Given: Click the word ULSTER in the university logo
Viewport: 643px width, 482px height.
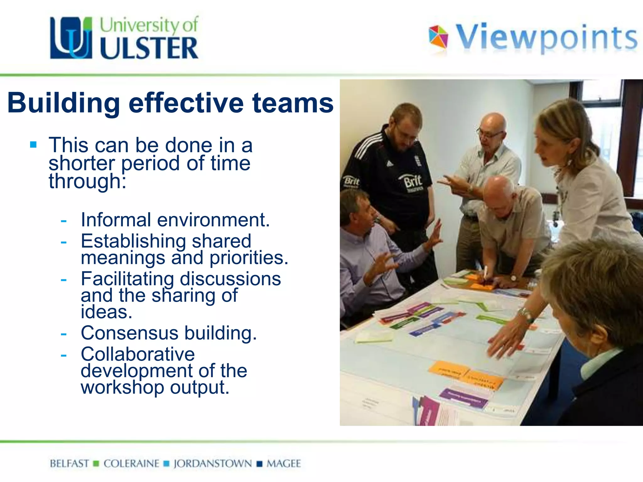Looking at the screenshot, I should point(149,48).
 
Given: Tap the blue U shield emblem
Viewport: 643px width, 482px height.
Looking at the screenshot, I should point(71,38).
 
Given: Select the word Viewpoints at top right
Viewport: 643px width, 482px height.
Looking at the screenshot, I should point(546,38).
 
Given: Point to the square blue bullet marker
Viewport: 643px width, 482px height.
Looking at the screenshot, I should point(33,145).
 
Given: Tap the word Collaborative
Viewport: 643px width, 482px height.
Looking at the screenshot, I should point(138,354).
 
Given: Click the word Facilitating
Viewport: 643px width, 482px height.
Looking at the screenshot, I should point(127,279).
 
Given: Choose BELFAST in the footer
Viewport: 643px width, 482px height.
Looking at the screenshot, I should point(69,463).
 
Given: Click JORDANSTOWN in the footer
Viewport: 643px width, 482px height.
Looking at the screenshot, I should point(213,463).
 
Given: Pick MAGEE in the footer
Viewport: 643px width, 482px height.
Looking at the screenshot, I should point(284,463).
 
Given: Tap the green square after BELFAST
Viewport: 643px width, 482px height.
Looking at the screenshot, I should point(96,463).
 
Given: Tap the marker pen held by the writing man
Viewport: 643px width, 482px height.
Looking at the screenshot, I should point(485,272).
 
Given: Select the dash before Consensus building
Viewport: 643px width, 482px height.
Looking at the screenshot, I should point(64,334).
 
